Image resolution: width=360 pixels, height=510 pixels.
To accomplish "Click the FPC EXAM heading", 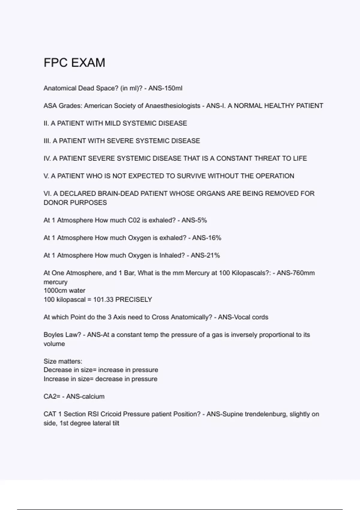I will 74,63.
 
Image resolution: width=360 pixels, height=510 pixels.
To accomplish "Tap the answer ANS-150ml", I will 165,88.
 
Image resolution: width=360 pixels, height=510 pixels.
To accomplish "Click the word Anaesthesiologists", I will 173,106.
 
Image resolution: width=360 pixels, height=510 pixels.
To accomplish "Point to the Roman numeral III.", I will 47,141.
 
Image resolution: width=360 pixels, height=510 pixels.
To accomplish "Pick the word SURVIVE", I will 191,176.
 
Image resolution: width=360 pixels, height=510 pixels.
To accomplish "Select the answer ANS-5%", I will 194,220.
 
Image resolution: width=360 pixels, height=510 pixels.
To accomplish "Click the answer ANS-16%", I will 207,238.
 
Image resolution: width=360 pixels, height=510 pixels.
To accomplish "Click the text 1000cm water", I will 64,291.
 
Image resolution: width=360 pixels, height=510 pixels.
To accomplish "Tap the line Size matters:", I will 63,361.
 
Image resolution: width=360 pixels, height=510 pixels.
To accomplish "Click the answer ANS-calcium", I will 85,397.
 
